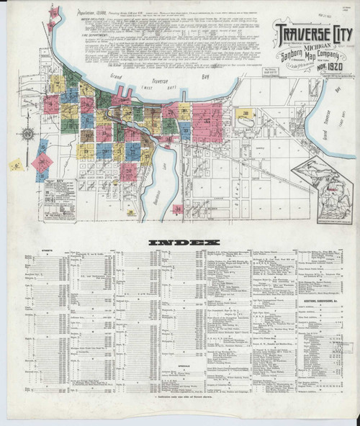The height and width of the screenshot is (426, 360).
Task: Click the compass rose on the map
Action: pos(28,135)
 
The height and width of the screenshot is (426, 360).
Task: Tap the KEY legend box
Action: pos(59,198)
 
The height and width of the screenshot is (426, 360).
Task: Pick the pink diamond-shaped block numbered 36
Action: pos(42,163)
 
